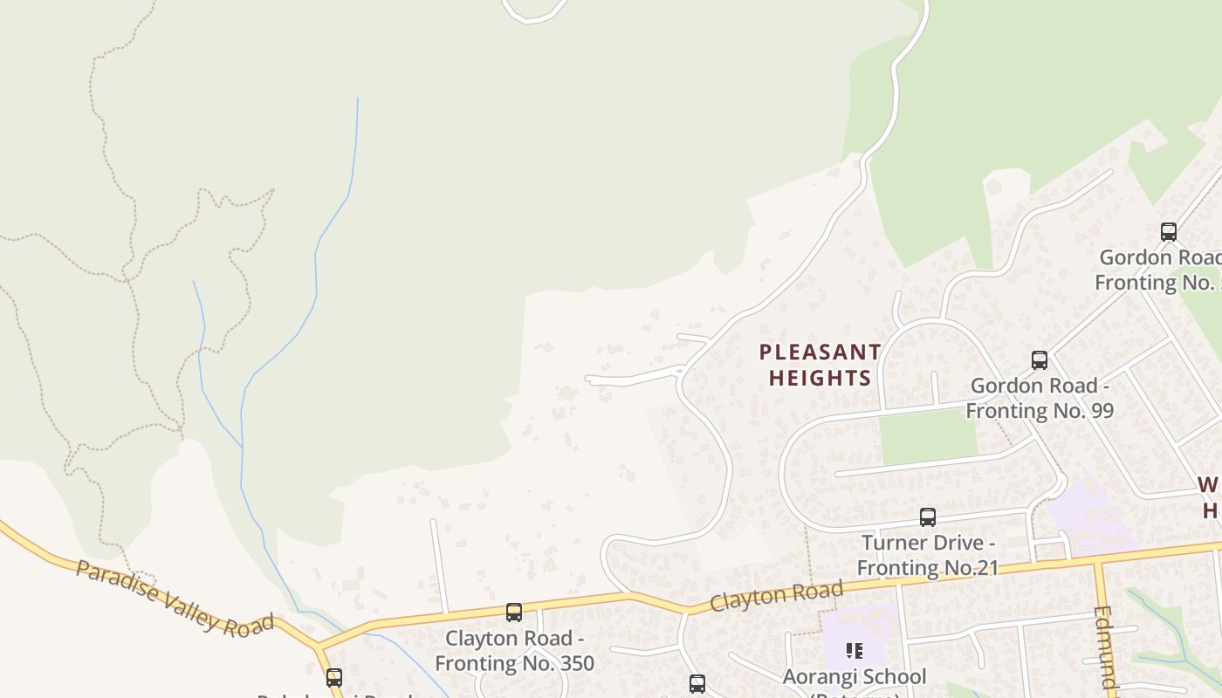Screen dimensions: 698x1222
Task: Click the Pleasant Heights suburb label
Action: point(819,365)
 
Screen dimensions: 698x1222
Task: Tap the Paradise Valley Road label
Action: point(175,599)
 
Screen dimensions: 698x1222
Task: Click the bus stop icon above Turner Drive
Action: point(927,517)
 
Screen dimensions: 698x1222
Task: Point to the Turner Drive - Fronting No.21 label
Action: point(927,555)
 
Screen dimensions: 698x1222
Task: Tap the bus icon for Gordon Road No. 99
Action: point(1039,360)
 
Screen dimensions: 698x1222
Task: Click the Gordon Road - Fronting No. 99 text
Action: point(1040,398)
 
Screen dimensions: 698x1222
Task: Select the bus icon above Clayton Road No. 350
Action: point(514,612)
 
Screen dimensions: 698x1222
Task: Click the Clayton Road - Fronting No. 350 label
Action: point(514,651)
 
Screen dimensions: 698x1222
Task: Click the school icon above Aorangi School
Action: point(854,651)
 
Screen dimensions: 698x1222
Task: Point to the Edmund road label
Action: point(1105,650)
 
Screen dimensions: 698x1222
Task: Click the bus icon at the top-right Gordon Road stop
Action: point(1168,232)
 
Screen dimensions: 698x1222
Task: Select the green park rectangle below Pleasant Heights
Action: point(927,436)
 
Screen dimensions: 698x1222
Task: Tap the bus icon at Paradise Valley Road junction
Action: point(333,678)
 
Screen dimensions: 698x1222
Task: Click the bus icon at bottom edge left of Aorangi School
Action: point(697,683)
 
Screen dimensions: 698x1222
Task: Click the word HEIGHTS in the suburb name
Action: point(819,378)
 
